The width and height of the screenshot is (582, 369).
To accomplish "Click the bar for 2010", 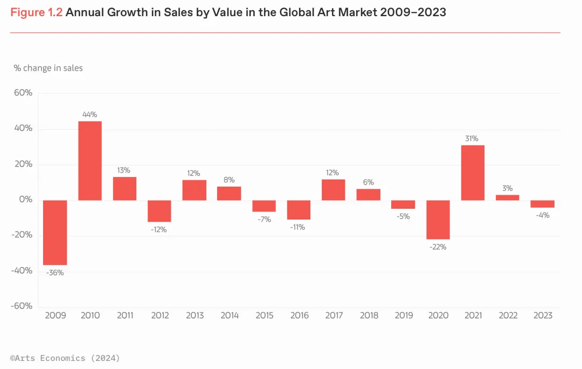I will click(x=90, y=161).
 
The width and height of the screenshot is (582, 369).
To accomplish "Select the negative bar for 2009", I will click(x=55, y=232).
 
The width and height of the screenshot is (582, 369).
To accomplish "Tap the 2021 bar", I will click(x=473, y=173).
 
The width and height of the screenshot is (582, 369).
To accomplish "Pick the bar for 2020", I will click(x=438, y=220).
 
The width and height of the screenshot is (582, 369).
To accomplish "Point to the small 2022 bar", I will click(x=507, y=197).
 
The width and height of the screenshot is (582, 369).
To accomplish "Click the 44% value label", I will click(x=90, y=114).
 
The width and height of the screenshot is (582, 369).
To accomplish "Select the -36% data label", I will click(x=55, y=272).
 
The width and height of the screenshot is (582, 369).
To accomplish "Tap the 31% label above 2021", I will click(x=473, y=139).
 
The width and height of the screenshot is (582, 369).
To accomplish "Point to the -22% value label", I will click(x=438, y=247).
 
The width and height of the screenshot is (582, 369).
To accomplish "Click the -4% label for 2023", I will click(x=542, y=216).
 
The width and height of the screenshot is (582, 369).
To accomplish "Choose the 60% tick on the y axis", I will click(x=22, y=93).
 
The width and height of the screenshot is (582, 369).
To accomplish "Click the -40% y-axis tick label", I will click(x=21, y=271).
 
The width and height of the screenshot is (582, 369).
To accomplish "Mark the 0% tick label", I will click(x=25, y=200).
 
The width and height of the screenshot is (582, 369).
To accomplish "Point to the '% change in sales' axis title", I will click(x=48, y=68).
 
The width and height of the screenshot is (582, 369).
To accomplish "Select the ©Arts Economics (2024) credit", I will click(x=65, y=358).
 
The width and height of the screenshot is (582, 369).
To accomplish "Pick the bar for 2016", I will click(x=299, y=210).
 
